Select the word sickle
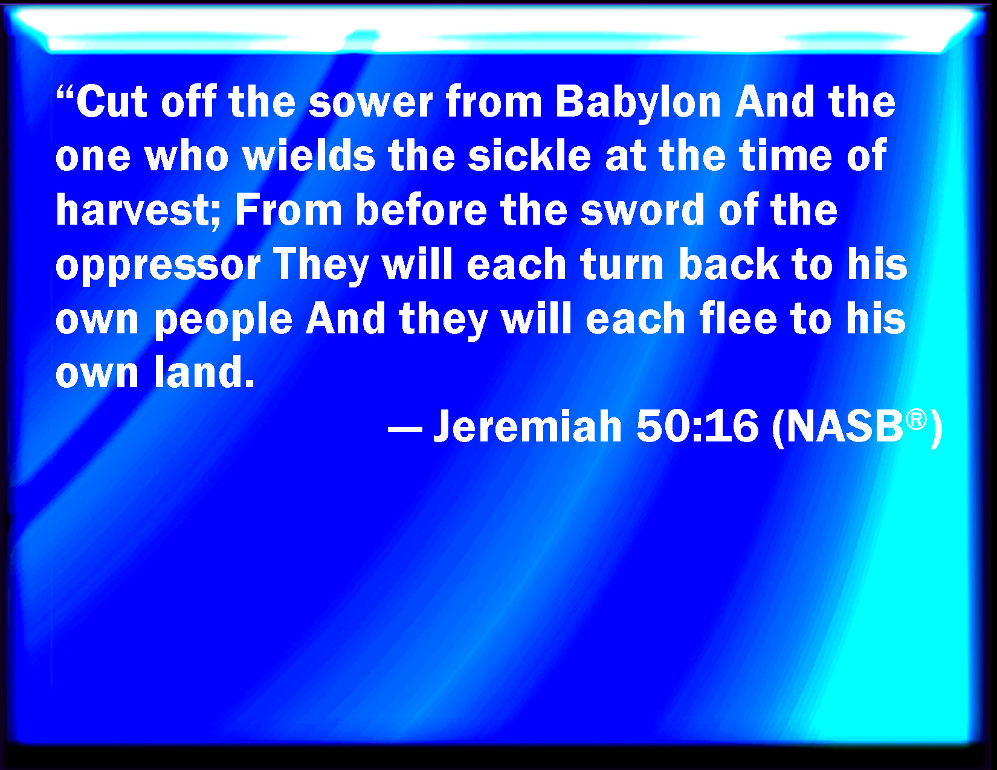coord(529,156)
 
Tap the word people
coord(224,320)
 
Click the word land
coord(204,373)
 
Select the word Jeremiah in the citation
coord(528,426)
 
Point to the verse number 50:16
coord(697,426)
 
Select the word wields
coord(308,156)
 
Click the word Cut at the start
coord(112,102)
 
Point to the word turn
coord(622,266)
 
